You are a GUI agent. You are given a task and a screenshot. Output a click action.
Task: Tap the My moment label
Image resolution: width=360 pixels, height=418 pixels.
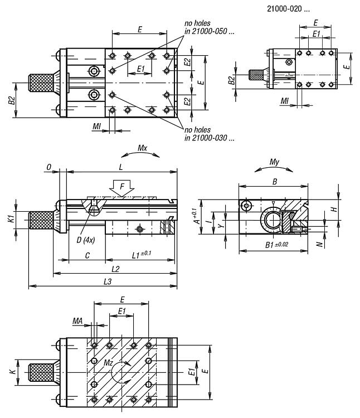[274, 162]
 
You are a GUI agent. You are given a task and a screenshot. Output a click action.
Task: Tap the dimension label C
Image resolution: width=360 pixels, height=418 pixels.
[86, 255]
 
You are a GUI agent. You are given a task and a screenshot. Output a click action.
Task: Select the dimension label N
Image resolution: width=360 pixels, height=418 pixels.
[319, 244]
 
